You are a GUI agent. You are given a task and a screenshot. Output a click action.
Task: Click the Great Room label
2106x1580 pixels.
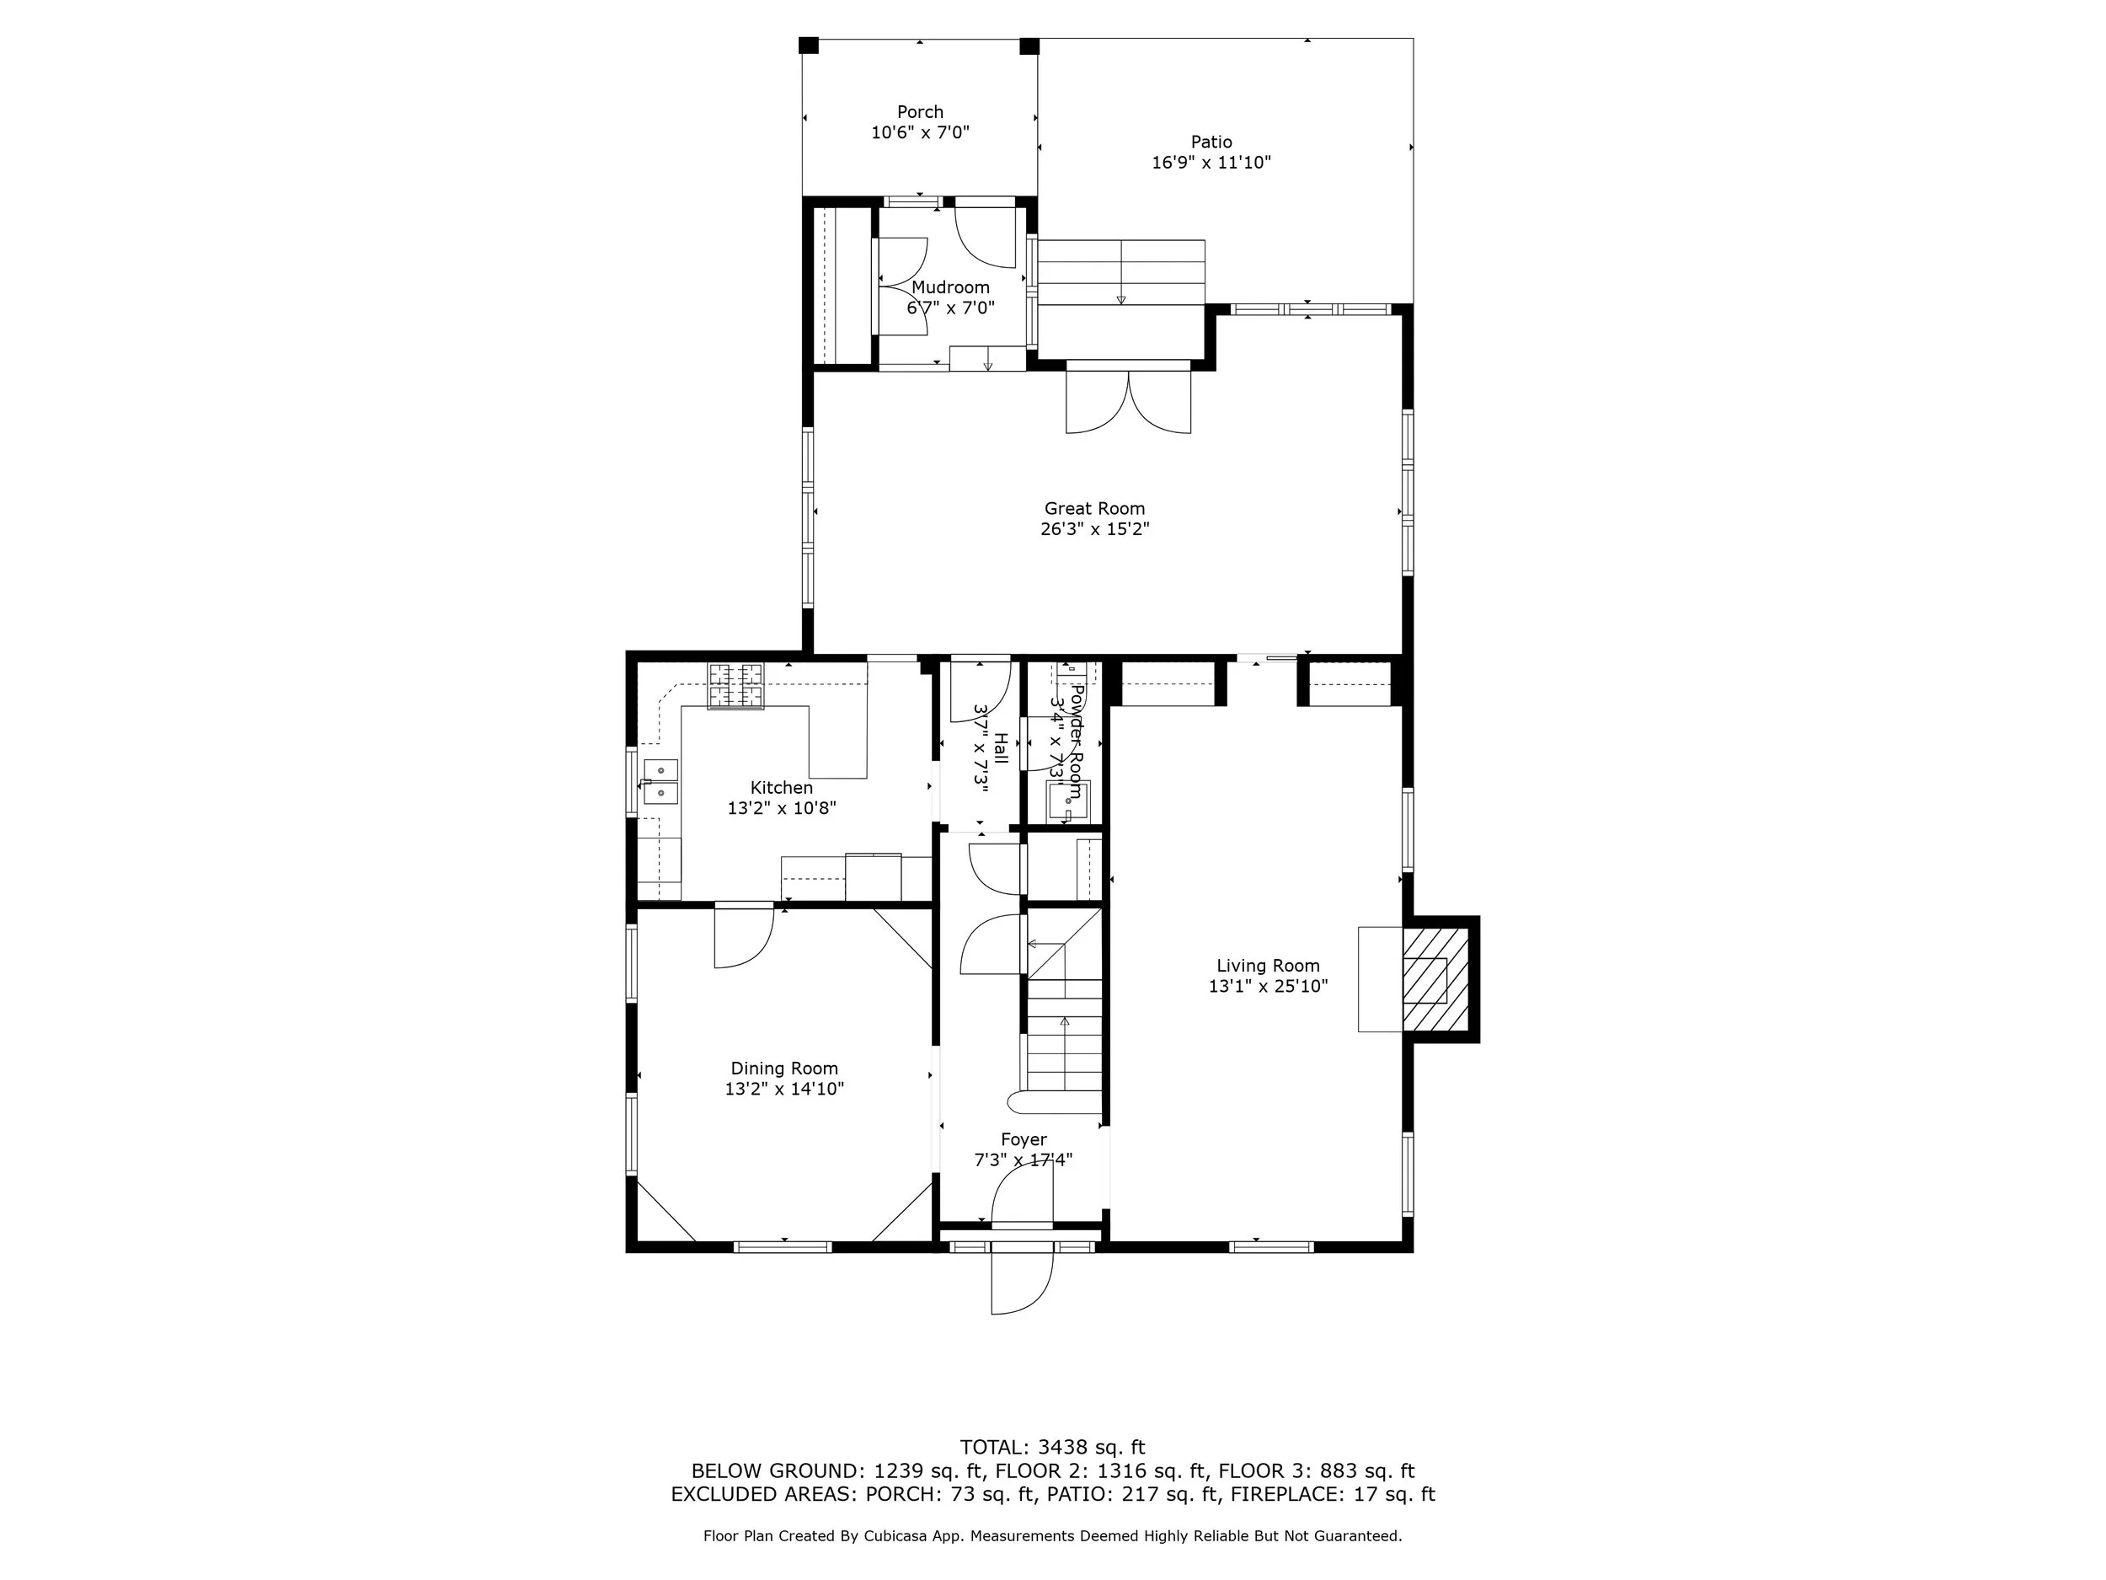(x=1094, y=509)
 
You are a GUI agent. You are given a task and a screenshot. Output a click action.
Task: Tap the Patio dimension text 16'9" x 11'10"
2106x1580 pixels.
(x=1211, y=163)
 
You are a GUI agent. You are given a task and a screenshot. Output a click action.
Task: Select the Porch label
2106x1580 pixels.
(x=920, y=112)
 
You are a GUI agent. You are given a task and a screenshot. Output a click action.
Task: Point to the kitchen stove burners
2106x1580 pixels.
(x=735, y=686)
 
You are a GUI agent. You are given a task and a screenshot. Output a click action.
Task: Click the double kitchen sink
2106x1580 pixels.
(x=660, y=781)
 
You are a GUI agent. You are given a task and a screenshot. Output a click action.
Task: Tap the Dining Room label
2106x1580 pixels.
(x=783, y=1069)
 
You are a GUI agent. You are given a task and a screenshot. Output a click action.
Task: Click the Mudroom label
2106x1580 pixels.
(x=950, y=287)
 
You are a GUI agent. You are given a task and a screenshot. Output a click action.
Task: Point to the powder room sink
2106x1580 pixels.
(x=1068, y=801)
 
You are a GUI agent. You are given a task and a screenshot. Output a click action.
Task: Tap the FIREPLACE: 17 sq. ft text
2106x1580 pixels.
(x=1332, y=1494)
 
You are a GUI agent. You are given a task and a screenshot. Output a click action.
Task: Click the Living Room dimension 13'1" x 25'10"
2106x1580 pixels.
(x=1268, y=987)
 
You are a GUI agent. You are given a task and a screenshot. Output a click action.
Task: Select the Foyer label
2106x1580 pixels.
(x=1024, y=1140)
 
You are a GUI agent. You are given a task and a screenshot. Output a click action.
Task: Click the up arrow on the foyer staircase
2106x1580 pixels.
(x=1065, y=1022)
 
